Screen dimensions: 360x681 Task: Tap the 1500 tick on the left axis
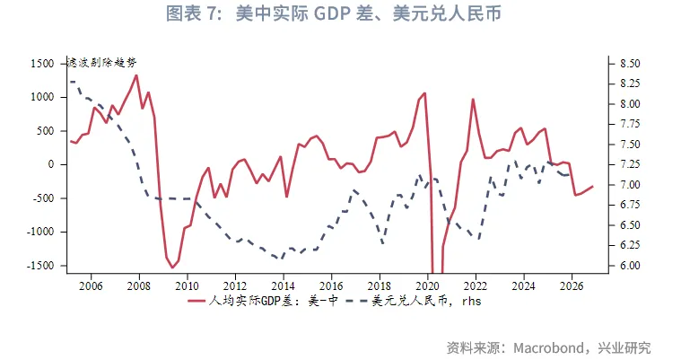tap(42, 65)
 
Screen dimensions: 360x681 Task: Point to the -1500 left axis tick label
tap(39, 266)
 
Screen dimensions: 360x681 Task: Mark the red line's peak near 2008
tap(136, 75)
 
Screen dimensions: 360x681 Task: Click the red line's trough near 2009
tap(172, 268)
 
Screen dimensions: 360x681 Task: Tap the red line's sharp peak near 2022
tap(473, 100)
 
